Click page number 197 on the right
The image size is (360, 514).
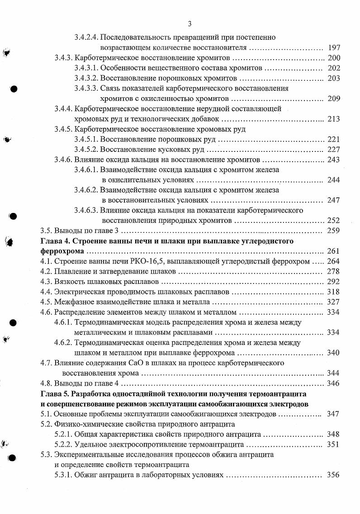(x=334, y=47)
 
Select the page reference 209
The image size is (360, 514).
(x=334, y=99)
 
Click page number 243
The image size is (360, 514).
(x=334, y=160)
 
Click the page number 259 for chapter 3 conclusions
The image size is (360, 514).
(x=334, y=231)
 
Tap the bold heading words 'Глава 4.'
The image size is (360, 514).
(x=55, y=241)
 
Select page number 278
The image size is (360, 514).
(x=334, y=271)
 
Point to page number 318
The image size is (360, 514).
(x=334, y=292)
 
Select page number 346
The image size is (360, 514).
(x=334, y=383)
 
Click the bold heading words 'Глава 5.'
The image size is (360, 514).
(x=55, y=394)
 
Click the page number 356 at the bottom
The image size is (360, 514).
(x=334, y=475)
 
